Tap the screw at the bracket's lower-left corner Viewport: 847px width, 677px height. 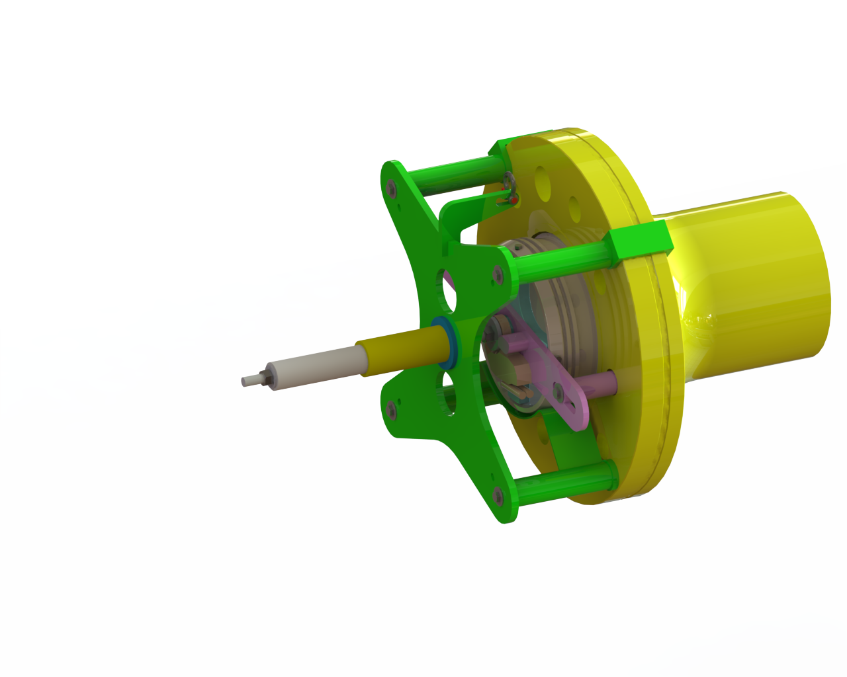(391, 411)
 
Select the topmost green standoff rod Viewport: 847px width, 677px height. (457, 173)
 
